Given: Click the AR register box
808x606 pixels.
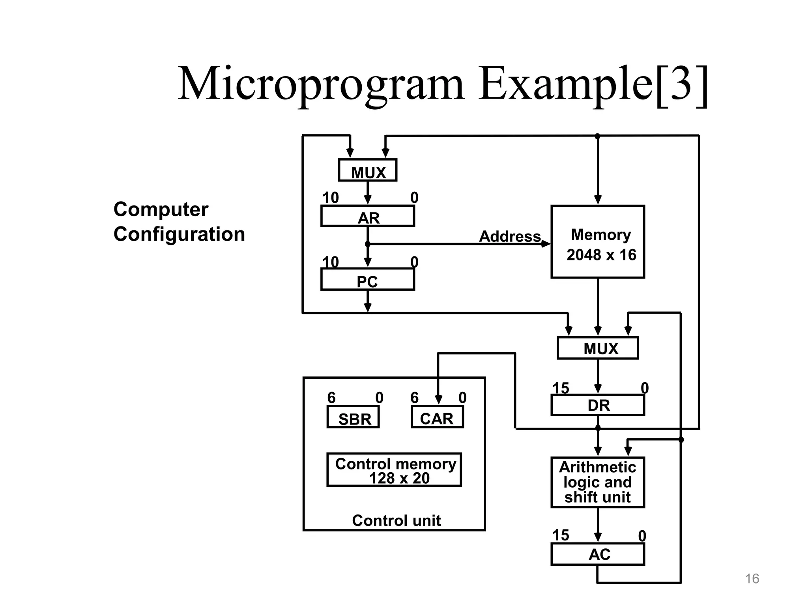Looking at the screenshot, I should (368, 216).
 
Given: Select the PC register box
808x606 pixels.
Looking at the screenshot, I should (368, 280).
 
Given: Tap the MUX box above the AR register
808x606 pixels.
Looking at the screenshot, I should (368, 170).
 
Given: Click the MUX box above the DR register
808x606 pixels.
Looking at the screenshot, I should (598, 348).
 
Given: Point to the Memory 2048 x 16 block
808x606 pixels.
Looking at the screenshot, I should (598, 242).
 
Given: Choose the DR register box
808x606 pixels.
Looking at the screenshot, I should (598, 405).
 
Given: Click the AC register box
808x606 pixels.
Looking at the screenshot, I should (598, 554).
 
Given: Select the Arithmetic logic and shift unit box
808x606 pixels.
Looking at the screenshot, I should (598, 482).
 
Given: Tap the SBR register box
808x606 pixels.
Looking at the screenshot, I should (353, 417).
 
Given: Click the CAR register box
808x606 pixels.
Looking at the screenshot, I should (437, 417).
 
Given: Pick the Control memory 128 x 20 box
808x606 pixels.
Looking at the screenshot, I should (394, 470).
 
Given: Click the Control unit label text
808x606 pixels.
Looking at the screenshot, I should (396, 521).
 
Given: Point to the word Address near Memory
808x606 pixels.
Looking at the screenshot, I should (510, 236).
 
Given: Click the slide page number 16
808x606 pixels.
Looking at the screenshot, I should (752, 579).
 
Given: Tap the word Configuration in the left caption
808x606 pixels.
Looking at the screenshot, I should (179, 234).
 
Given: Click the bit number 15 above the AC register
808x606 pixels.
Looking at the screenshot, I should (561, 535).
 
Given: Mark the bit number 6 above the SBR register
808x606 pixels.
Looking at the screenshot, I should (331, 398).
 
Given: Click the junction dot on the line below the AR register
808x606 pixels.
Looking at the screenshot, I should (368, 244).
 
